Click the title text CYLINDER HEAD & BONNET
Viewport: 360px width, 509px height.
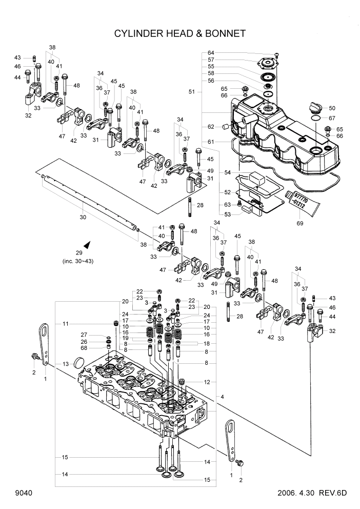pos(180,33)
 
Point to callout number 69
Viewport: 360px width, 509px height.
pos(301,224)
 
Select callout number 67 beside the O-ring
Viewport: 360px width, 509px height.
pos(332,119)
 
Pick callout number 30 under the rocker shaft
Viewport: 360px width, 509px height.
pos(83,218)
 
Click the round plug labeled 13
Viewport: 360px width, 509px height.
pos(79,363)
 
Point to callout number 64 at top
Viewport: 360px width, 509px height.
pos(211,52)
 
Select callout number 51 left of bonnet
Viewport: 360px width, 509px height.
pos(192,92)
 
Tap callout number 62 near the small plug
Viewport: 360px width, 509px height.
pos(211,126)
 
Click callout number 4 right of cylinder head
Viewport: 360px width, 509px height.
pos(222,397)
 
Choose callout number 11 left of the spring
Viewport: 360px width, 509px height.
pos(66,324)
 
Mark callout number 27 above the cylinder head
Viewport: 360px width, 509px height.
pos(85,335)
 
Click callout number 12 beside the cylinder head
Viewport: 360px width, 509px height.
pos(207,382)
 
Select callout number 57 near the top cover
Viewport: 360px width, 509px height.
pos(211,60)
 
